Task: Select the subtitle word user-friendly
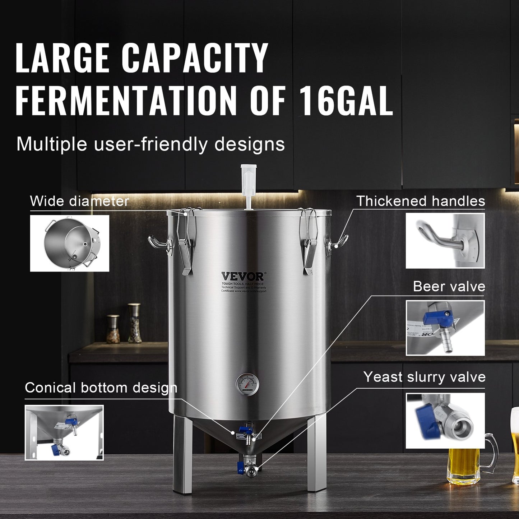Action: (151, 144)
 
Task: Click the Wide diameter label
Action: (79, 201)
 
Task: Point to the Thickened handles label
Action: (420, 201)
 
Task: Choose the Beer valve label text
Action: (449, 287)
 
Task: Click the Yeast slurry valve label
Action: (424, 377)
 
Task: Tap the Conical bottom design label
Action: (101, 388)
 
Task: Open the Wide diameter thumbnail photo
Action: (69, 243)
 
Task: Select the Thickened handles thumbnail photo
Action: (445, 241)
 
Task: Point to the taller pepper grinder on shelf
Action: (135, 323)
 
